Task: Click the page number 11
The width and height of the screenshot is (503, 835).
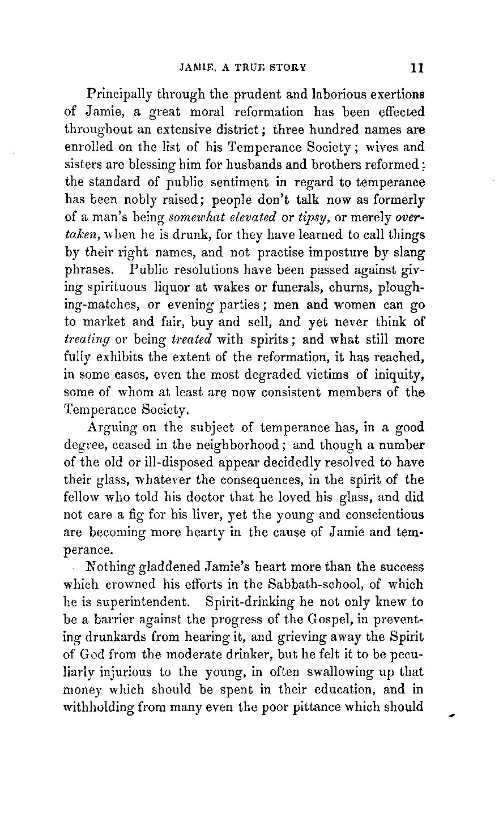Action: coord(418,67)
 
